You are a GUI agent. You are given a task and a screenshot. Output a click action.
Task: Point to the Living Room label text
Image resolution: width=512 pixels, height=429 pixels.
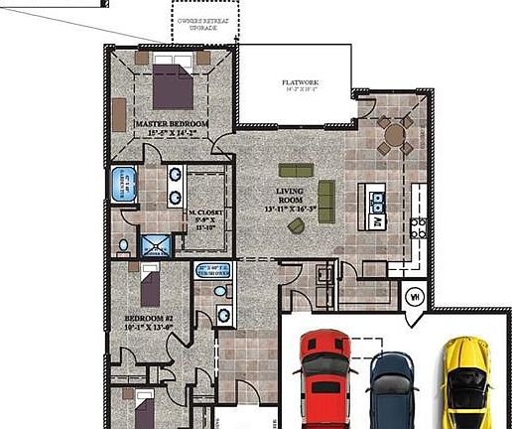290,199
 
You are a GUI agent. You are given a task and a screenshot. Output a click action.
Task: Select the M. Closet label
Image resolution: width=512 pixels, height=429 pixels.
208,217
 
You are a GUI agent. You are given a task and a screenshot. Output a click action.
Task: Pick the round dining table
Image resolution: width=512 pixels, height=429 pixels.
395,134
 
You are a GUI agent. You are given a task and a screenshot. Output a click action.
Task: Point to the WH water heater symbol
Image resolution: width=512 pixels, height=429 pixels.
416,295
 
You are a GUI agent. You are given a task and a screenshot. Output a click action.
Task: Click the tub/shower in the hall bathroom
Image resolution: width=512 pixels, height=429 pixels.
211,270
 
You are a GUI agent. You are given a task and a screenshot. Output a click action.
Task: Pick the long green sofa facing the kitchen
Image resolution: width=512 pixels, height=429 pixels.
325,193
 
